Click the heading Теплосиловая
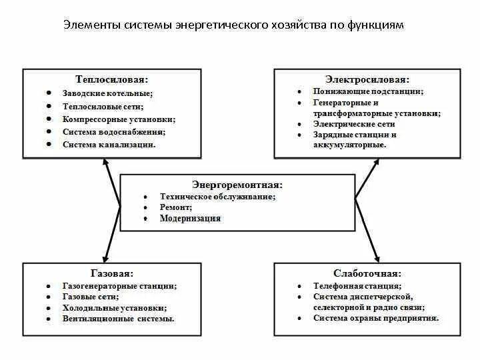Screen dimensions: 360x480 [x=111, y=79]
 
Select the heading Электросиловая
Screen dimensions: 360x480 [x=367, y=79]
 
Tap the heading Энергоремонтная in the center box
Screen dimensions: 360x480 [x=237, y=184]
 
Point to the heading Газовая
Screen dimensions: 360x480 [x=111, y=273]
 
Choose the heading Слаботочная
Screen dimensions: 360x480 [x=367, y=273]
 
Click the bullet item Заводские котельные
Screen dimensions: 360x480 [x=108, y=93]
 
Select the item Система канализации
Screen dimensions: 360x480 [x=109, y=144]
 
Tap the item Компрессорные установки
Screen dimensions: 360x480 [x=119, y=119]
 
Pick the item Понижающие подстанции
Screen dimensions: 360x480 [x=369, y=91]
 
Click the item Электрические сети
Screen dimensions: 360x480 [x=354, y=124]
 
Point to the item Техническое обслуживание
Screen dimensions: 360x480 [x=218, y=197]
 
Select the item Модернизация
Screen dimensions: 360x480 [x=190, y=218]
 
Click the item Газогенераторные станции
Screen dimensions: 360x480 [x=120, y=285]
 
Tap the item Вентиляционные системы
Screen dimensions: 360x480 [x=119, y=319]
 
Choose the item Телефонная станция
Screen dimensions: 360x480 [x=357, y=285]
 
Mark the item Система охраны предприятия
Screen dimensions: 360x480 [x=376, y=318]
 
